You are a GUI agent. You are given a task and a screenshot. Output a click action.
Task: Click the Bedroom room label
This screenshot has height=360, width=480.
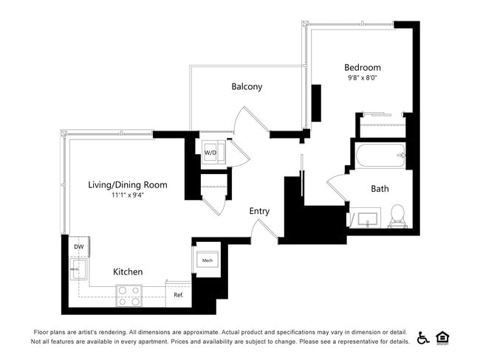[363, 67]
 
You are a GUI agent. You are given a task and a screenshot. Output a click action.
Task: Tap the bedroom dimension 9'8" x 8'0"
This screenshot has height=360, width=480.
[363, 77]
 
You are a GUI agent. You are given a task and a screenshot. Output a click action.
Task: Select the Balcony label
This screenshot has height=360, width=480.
[247, 86]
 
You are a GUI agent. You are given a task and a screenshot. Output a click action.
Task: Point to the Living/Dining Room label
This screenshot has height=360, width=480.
[127, 185]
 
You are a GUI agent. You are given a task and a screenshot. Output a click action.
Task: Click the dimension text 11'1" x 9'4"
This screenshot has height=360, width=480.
[127, 195]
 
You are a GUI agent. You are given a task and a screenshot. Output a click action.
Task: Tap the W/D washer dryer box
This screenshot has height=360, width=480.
[211, 152]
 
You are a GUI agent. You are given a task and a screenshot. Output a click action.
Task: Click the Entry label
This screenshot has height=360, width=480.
[259, 211]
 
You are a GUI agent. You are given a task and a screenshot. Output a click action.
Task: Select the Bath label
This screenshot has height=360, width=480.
[380, 189]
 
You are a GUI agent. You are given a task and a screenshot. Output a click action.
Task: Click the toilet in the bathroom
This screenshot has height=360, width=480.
[397, 215]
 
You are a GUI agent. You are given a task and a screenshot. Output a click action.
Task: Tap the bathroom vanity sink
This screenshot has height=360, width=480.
[363, 219]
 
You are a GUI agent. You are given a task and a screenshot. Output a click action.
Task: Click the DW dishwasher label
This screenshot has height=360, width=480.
[78, 247]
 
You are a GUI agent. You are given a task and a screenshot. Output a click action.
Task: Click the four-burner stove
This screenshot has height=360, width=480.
[128, 296]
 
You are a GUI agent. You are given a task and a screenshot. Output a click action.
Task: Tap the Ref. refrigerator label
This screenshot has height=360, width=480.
[178, 295]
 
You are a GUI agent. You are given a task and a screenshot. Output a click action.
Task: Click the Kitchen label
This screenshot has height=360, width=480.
[128, 272]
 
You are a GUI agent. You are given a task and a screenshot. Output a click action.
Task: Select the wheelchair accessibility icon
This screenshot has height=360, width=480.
[423, 337]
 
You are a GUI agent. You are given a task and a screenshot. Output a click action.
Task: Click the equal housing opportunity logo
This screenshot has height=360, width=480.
[443, 337]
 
